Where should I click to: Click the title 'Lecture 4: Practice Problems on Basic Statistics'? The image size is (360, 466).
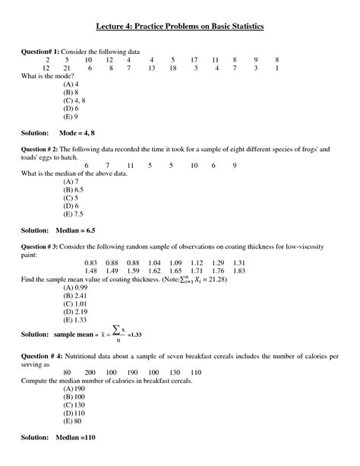point(179,27)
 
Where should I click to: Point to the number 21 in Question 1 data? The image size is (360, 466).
point(68,68)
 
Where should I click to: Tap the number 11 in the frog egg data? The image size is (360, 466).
point(131,166)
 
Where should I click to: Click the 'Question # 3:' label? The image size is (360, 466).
point(43,247)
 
